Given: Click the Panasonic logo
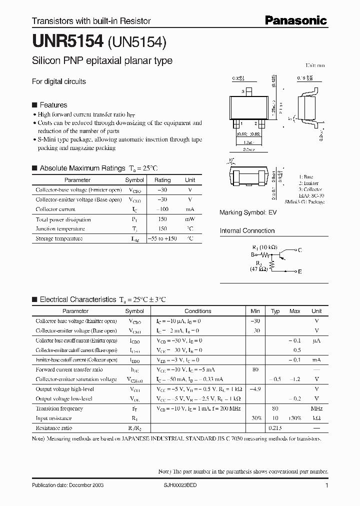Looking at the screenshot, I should pos(295,20).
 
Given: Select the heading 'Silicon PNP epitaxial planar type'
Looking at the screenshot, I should pos(102,61).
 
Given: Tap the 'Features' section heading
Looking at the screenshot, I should pos(53,105).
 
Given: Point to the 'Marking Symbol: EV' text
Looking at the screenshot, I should pos(248,212).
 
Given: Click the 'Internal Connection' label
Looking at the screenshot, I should pos(247,231).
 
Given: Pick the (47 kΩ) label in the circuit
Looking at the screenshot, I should pos(260,269).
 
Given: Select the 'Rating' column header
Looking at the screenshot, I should pos(162,180).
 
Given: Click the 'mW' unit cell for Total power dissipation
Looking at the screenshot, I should pos(190,219).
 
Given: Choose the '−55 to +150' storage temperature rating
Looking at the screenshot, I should pos(162,238).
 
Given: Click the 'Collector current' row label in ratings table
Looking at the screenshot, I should pos(55,209).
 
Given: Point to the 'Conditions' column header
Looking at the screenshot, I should pos(198,311).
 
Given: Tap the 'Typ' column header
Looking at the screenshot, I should pos(275,311).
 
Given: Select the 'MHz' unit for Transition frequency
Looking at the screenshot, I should pos(316,408).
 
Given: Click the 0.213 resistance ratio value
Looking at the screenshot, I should pos(275,428).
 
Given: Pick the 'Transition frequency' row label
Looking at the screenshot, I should pos(59,408).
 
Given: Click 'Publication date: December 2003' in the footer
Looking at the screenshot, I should pos(67,486).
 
